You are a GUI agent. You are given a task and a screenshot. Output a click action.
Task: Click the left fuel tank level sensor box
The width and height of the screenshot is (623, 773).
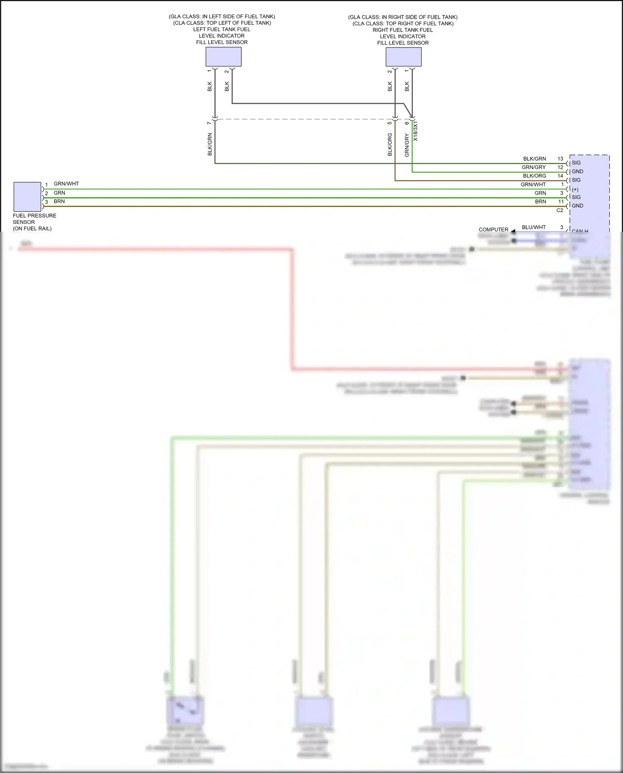223,56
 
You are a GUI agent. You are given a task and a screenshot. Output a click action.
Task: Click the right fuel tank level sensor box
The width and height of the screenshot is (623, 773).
403,57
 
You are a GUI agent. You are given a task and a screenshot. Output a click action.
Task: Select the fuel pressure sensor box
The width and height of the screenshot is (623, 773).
27,196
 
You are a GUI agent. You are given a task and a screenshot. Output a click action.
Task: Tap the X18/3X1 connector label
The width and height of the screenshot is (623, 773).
416,131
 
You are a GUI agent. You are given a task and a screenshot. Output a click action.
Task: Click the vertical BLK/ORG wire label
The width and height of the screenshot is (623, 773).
390,145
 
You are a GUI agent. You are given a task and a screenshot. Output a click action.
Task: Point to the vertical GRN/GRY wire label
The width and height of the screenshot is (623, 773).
407,145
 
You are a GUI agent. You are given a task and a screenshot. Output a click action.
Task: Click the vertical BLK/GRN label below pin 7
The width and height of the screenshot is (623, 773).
210,144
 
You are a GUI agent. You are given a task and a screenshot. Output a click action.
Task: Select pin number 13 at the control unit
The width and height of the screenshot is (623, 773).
560,159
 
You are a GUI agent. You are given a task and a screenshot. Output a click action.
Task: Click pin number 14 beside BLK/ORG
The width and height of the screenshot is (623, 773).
560,176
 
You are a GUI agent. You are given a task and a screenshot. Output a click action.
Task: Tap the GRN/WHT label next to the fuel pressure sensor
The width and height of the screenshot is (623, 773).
66,184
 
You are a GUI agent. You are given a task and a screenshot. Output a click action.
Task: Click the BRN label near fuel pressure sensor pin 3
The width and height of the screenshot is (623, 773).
59,201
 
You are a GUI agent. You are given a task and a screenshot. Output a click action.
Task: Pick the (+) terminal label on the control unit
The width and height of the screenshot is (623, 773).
575,189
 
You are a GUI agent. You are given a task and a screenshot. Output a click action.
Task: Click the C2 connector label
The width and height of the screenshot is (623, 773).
559,210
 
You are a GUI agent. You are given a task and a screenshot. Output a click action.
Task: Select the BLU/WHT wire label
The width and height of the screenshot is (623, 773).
534,227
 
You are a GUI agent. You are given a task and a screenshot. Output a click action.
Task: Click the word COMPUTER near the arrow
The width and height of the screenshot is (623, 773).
493,229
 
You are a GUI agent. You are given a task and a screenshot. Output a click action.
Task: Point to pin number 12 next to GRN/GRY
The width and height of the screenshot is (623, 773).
560,167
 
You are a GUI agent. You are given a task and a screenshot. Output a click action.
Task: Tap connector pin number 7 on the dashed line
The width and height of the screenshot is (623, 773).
209,123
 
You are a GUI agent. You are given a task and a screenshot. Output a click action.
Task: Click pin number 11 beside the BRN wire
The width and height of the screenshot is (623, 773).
561,201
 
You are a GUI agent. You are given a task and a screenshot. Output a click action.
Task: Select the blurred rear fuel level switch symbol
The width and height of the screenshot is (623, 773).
185,710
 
